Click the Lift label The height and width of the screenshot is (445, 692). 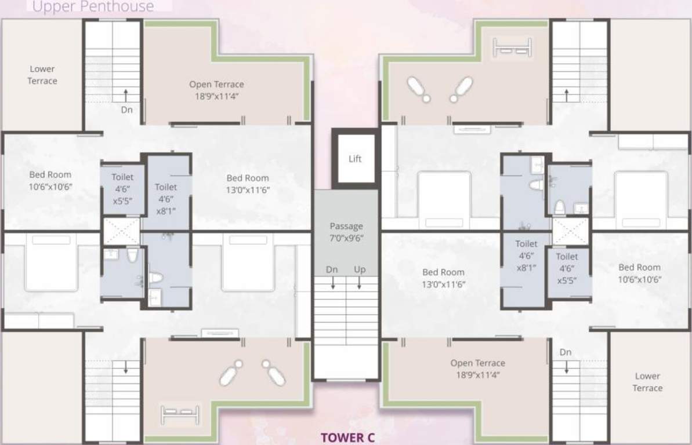click(x=355, y=159)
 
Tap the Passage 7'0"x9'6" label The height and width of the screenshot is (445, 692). click(x=346, y=232)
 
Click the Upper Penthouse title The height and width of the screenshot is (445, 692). click(x=93, y=7)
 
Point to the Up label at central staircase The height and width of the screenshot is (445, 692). click(x=360, y=269)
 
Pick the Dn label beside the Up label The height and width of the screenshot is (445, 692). click(x=332, y=269)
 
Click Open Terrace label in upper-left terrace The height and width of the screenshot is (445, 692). click(x=216, y=90)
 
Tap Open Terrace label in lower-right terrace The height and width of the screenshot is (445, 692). click(x=478, y=369)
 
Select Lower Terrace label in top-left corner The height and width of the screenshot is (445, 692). click(x=42, y=75)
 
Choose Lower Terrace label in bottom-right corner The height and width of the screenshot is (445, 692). click(x=647, y=382)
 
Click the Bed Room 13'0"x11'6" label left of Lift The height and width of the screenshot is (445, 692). click(x=248, y=184)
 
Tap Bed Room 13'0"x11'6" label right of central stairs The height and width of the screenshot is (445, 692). click(x=444, y=278)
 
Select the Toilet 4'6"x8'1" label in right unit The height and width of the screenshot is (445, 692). click(x=526, y=256)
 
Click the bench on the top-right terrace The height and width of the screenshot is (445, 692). click(x=512, y=47)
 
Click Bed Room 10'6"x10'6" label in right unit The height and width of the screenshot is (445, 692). click(x=639, y=273)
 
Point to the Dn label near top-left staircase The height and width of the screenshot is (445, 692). click(x=127, y=108)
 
